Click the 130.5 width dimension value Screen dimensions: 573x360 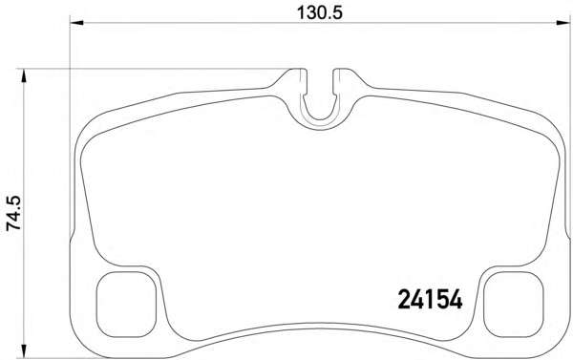coord(320,12)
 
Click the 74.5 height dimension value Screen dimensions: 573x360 coord(14,213)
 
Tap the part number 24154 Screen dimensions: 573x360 coord(430,301)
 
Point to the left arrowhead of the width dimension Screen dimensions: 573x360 coord(76,23)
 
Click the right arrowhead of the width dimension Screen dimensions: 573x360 coord(563,23)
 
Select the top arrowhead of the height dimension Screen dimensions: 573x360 coord(24,75)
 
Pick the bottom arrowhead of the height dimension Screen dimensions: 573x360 coord(24,350)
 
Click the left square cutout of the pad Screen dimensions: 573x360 coord(126,305)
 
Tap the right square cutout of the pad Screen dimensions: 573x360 coord(514,305)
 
